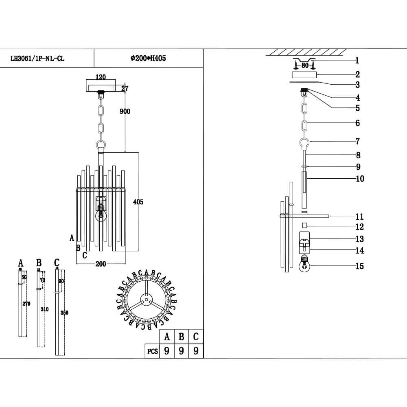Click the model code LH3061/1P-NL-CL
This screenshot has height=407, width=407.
[x=37, y=58]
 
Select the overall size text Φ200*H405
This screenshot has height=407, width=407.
[x=148, y=58]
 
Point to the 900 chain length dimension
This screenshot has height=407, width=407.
[x=125, y=112]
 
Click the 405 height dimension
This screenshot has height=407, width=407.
[x=138, y=202]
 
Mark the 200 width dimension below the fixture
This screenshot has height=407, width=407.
[x=101, y=264]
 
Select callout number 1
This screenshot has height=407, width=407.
[x=357, y=61]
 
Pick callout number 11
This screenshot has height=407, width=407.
[x=359, y=217]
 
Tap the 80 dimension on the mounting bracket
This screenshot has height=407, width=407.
[x=304, y=65]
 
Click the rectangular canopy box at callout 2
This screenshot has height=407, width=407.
[x=304, y=75]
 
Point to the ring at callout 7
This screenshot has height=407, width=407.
[x=304, y=142]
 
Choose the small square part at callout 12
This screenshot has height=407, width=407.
[x=304, y=225]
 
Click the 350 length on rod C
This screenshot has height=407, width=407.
[x=64, y=313]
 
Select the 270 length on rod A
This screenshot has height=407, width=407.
[x=26, y=304]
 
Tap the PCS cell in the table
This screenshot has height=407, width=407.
[x=152, y=351]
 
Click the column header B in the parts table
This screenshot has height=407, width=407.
[x=182, y=337]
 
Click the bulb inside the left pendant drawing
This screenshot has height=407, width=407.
[x=101, y=214]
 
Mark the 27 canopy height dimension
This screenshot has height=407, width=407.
[x=125, y=88]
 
